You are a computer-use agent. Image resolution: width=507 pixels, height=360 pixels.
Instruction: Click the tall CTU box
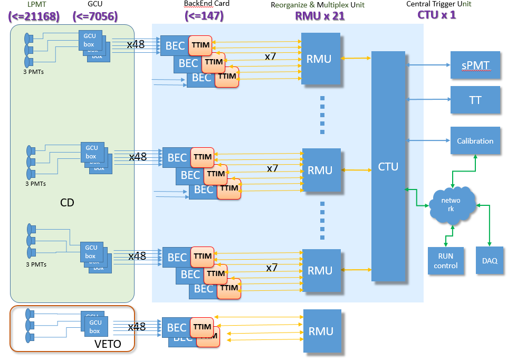click(x=391, y=166)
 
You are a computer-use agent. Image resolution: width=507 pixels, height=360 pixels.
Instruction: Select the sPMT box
click(x=475, y=66)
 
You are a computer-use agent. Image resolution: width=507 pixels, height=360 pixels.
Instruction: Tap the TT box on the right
click(x=475, y=100)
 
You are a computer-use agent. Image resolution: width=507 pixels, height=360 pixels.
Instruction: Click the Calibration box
click(x=475, y=141)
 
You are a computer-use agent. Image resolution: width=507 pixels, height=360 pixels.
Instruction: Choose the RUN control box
click(x=446, y=261)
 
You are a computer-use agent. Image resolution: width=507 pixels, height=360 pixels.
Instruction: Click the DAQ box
click(x=489, y=261)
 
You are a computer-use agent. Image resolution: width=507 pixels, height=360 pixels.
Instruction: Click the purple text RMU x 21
click(x=320, y=16)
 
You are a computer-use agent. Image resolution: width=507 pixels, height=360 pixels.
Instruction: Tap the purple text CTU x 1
click(x=436, y=15)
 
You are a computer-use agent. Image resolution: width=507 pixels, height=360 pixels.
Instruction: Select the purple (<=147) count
click(x=204, y=16)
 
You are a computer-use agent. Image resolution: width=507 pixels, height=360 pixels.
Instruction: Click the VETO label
click(x=108, y=344)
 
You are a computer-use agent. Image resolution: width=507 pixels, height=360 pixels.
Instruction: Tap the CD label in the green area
click(x=67, y=203)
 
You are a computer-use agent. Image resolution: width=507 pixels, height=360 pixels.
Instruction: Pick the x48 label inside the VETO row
click(x=137, y=327)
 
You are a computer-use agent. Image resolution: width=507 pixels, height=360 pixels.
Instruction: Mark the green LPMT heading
click(x=33, y=5)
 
